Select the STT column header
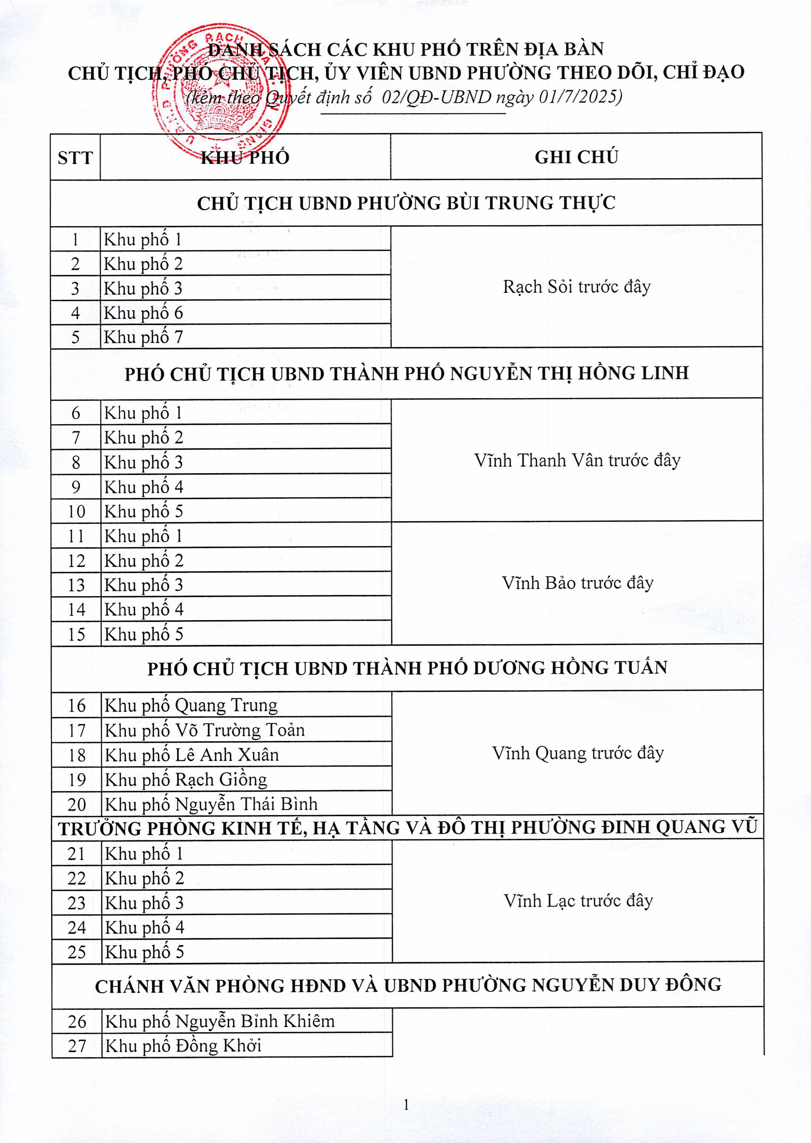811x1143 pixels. [75, 158]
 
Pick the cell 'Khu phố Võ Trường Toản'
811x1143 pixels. [204, 730]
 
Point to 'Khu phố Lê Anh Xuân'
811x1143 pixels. [192, 754]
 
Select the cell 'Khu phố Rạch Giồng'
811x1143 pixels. [186, 779]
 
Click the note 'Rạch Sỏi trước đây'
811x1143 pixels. [577, 287]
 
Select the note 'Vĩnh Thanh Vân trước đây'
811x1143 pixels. [577, 460]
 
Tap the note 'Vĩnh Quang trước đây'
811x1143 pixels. [578, 753]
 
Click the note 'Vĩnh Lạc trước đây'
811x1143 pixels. [578, 901]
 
